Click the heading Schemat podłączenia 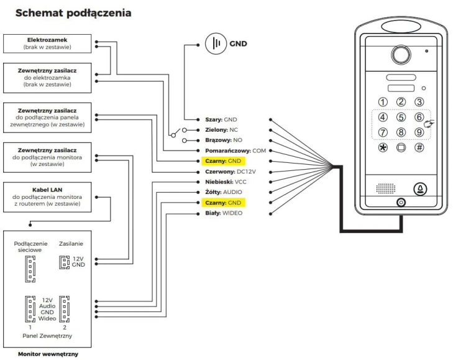(x=73, y=13)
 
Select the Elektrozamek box (x=47, y=44)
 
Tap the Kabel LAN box (x=47, y=197)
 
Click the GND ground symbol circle (x=216, y=44)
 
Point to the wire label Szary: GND (x=221, y=119)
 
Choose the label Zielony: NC (x=221, y=130)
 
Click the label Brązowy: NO (x=224, y=140)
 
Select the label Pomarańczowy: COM (x=235, y=151)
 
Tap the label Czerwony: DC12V (x=231, y=172)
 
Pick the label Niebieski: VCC (x=226, y=182)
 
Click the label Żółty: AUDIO (x=224, y=192)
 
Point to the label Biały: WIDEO (x=224, y=213)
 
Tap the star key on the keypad (x=383, y=147)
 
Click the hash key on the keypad (x=419, y=147)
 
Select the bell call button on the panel (x=420, y=189)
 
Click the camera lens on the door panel (x=401, y=55)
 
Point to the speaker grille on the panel (x=386, y=188)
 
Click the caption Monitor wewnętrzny (x=48, y=354)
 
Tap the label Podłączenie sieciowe (x=30, y=247)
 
